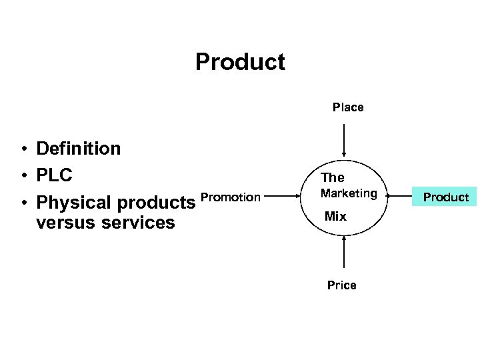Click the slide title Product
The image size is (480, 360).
pyautogui.click(x=240, y=62)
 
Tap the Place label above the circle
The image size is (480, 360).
pyautogui.click(x=348, y=107)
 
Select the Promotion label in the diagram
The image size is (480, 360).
pyautogui.click(x=231, y=197)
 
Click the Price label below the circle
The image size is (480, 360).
pyautogui.click(x=341, y=285)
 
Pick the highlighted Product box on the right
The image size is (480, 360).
pyautogui.click(x=446, y=197)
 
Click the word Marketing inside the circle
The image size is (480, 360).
pyautogui.click(x=349, y=193)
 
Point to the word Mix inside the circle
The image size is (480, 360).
pyautogui.click(x=335, y=216)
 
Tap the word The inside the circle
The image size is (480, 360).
pyautogui.click(x=333, y=177)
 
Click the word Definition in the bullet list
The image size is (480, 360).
pyautogui.click(x=79, y=148)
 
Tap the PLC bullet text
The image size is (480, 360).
pyautogui.click(x=55, y=175)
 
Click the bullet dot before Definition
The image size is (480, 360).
pyautogui.click(x=23, y=149)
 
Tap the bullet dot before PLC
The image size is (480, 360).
pyautogui.click(x=23, y=175)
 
